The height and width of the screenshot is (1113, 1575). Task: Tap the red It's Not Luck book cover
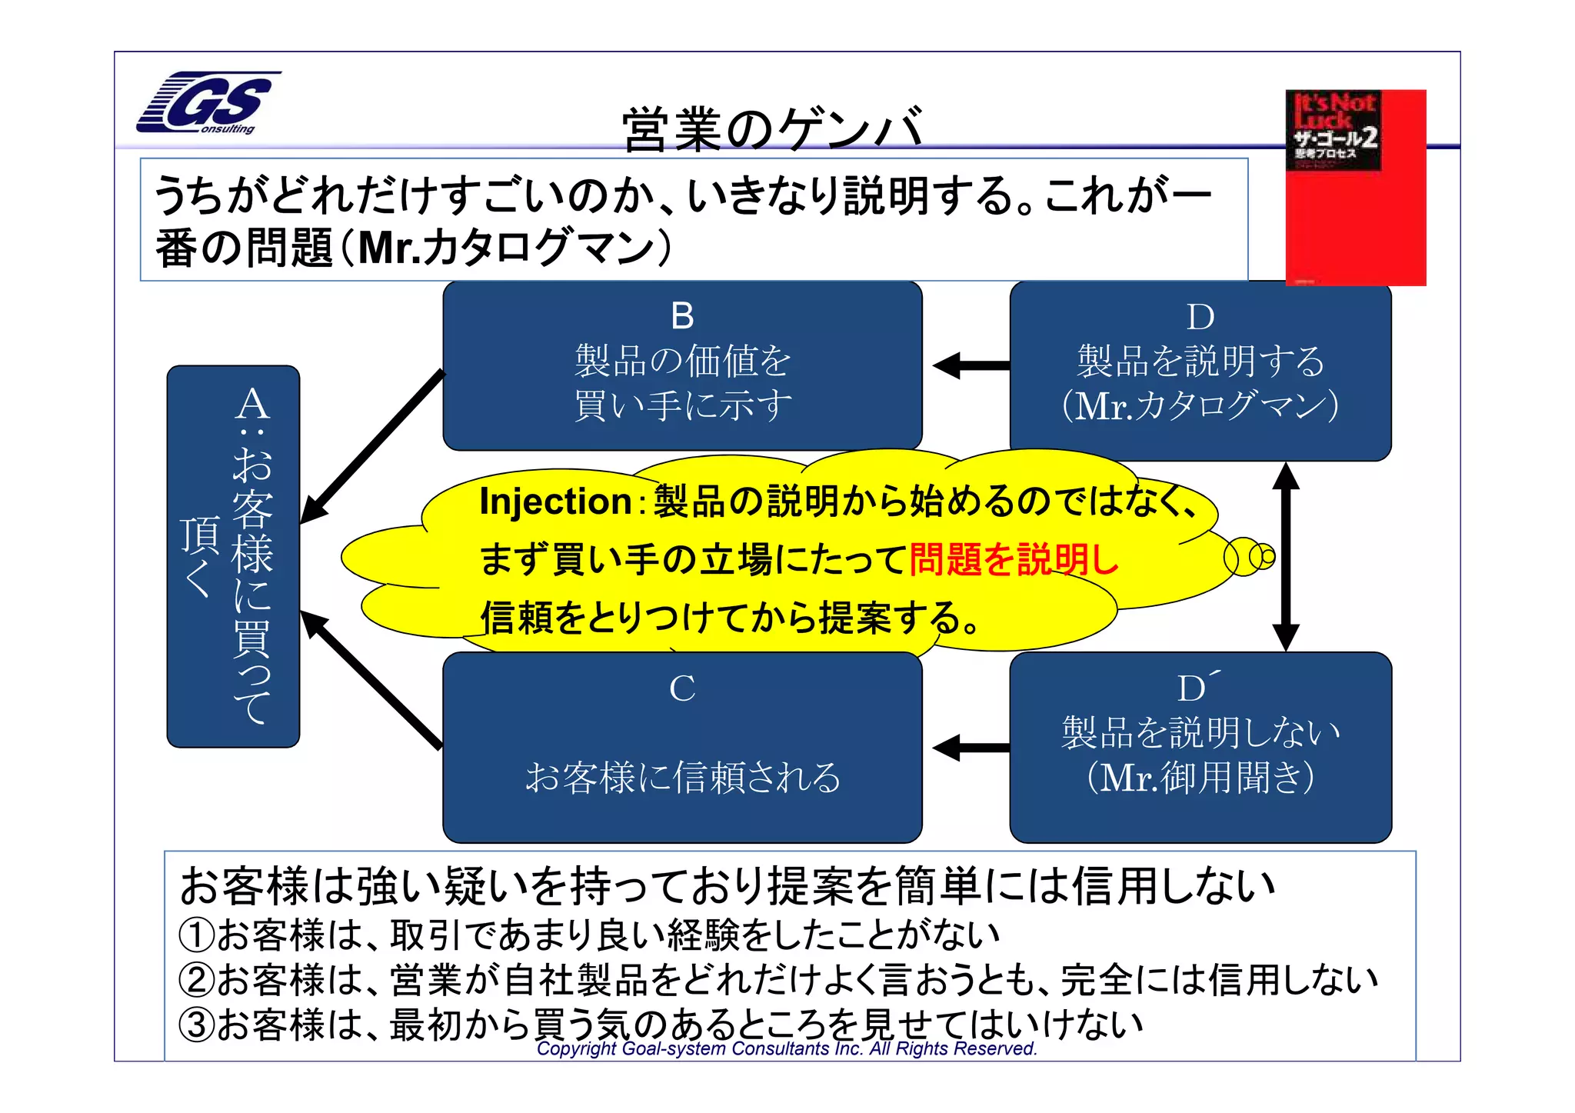pyautogui.click(x=1355, y=188)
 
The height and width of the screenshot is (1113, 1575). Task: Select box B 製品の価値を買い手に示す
pyautogui.click(x=682, y=366)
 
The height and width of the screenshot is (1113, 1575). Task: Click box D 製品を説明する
pyautogui.click(x=1200, y=371)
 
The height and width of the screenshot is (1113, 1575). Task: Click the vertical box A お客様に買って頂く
pyautogui.click(x=233, y=556)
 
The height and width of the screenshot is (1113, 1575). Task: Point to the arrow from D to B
pyautogui.click(x=971, y=365)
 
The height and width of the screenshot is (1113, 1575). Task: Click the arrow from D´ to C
pyautogui.click(x=971, y=747)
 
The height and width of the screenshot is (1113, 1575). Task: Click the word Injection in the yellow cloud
pyautogui.click(x=555, y=502)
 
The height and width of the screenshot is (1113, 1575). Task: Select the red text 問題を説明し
pyautogui.click(x=1013, y=559)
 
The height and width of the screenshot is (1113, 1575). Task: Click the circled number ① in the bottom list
pyautogui.click(x=196, y=935)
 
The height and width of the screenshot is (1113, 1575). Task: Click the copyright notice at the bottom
pyautogui.click(x=786, y=1048)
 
